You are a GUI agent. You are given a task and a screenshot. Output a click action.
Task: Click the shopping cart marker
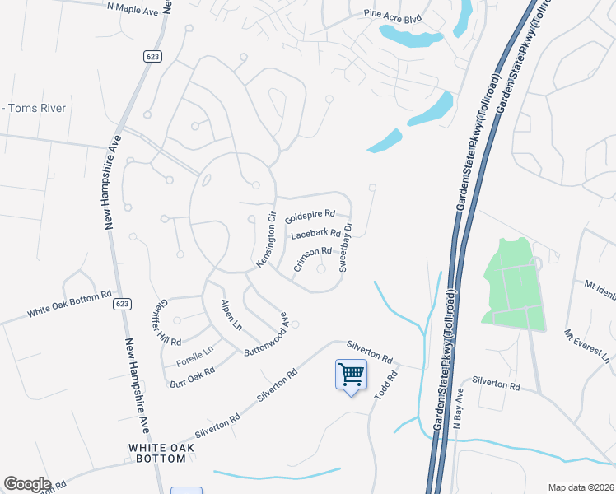coord(351,375)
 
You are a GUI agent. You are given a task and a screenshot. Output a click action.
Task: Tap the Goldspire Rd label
coord(310,217)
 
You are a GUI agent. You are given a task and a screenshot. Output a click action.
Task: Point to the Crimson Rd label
coord(312,258)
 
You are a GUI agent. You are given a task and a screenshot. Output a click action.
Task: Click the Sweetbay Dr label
coord(347,247)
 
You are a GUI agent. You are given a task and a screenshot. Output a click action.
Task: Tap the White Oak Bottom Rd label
coord(68,305)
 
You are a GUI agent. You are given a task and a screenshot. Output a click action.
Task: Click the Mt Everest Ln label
coord(589,346)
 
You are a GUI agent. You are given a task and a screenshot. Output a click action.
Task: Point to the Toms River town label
coord(36,108)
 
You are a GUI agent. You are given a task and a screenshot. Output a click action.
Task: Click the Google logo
coord(26,484)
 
